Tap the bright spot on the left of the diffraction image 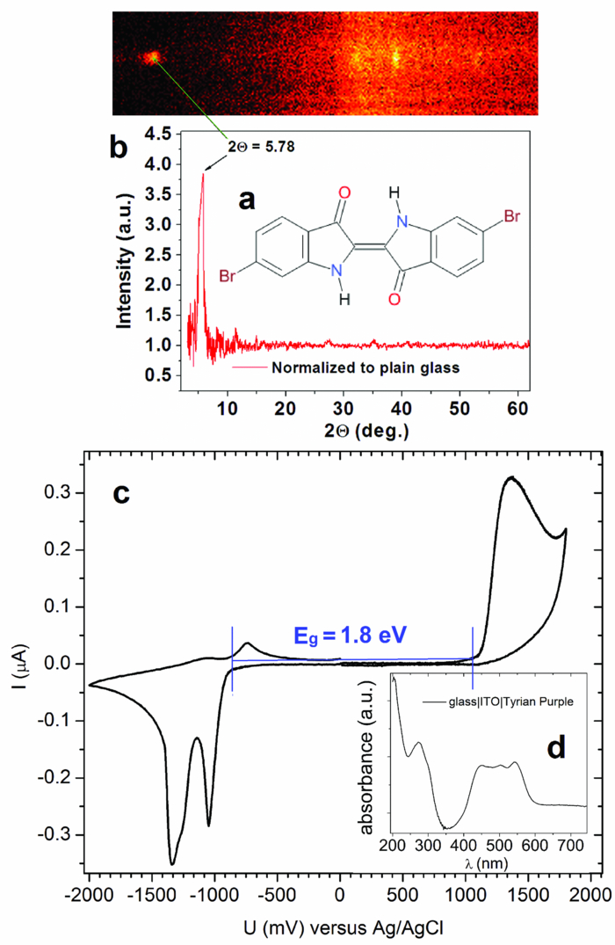pyautogui.click(x=152, y=58)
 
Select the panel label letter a pyautogui.click(x=248, y=200)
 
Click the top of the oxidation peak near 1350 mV pyautogui.click(x=510, y=477)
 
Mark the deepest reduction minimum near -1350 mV pyautogui.click(x=172, y=863)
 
